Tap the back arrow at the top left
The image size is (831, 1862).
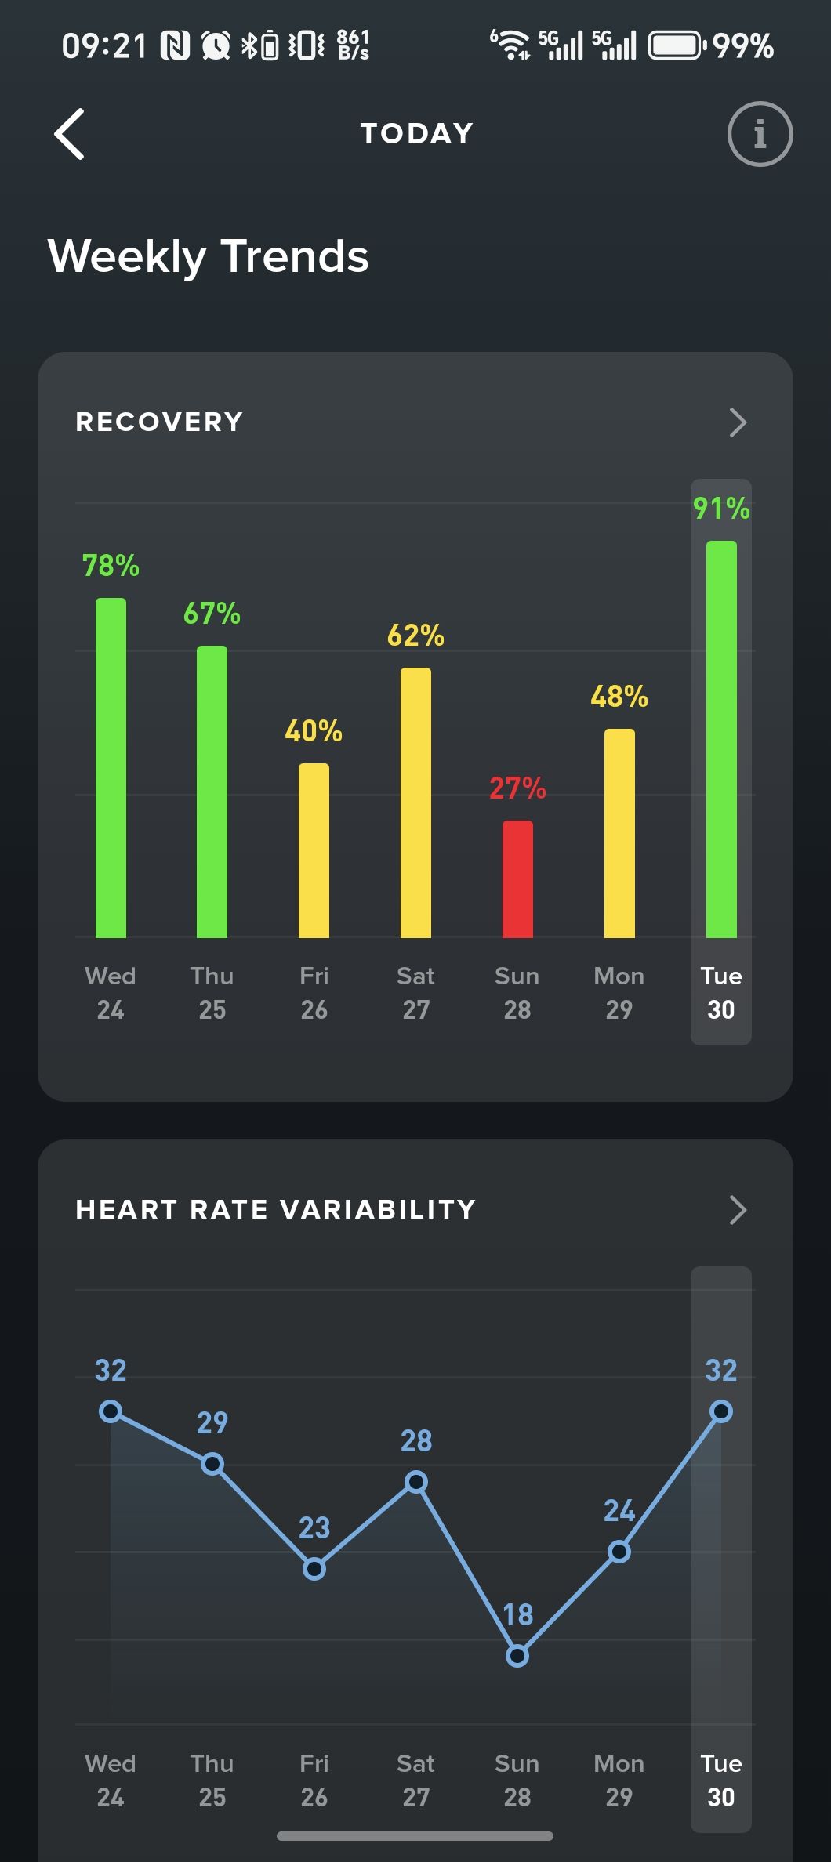69,134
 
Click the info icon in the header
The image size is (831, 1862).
760,134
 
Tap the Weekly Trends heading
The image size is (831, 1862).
208,256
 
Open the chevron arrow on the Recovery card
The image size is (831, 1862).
737,422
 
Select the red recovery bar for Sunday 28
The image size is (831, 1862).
517,878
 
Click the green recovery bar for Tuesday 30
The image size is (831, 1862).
721,739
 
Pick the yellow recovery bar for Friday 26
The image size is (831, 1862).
314,850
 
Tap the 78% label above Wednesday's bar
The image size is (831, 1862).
111,565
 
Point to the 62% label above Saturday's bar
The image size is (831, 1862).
415,635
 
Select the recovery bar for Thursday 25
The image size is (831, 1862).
212,792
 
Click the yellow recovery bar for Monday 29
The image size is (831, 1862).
619,833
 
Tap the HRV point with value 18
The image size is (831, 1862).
517,1656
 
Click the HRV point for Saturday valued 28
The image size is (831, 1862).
416,1481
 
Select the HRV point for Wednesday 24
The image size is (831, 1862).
111,1411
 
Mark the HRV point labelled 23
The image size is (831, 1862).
314,1569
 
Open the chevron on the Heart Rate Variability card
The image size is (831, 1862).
737,1210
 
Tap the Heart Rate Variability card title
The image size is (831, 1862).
275,1210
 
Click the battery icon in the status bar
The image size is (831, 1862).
674,45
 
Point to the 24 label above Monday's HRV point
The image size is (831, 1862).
619,1510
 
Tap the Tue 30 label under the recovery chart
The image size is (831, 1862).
721,992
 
